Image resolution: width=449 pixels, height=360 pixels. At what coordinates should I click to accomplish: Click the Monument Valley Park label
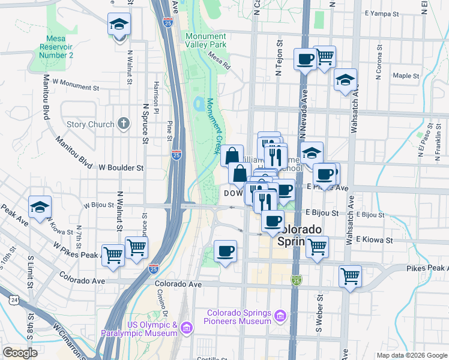tap(206, 40)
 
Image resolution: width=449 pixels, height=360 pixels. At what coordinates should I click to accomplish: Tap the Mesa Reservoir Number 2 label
tap(56, 47)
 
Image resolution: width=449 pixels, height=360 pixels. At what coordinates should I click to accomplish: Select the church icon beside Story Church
tap(124, 124)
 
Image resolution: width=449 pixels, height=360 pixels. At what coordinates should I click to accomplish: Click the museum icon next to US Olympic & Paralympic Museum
tap(186, 328)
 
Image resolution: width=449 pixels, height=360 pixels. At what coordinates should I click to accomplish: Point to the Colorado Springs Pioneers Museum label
tap(240, 317)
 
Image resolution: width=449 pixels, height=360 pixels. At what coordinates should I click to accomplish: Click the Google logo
tap(20, 353)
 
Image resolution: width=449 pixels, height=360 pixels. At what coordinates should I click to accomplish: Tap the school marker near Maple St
tap(345, 80)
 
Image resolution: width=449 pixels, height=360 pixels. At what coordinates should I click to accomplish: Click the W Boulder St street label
tap(122, 167)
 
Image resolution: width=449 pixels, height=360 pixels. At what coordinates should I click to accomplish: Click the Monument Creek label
tap(212, 126)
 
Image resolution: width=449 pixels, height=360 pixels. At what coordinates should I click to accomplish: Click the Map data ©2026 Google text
tap(412, 355)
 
